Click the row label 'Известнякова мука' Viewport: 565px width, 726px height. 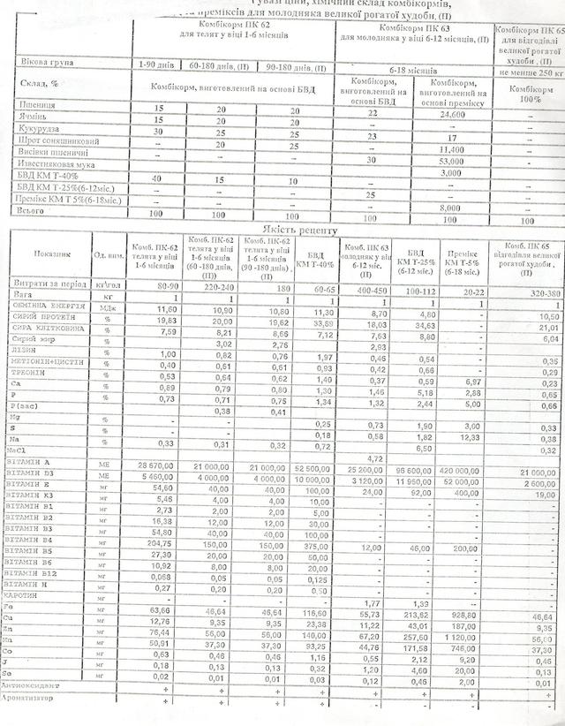55,163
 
